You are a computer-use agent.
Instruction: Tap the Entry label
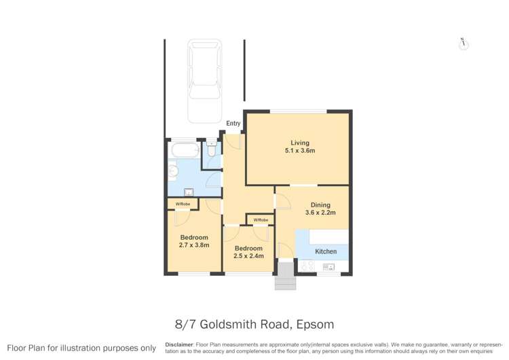pos(233,124)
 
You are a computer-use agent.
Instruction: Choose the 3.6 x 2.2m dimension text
pos(320,213)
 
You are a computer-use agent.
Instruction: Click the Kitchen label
pos(326,251)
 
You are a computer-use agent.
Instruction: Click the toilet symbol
pos(212,153)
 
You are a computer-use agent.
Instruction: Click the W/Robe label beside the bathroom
pos(183,204)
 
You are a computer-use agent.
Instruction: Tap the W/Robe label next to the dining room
pos(261,220)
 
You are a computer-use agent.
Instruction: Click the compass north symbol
pos(464,44)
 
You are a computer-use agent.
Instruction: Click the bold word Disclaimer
pos(179,345)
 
